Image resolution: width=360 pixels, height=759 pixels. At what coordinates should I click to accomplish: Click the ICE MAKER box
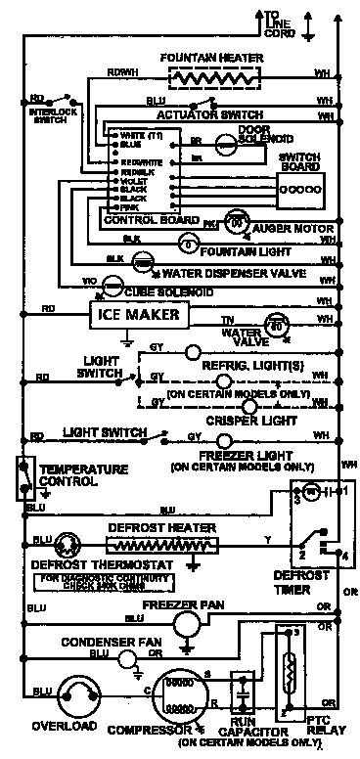[137, 315]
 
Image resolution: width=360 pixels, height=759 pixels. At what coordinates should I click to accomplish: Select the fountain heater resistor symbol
[206, 77]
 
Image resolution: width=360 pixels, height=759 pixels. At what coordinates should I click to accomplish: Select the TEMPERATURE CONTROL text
[82, 475]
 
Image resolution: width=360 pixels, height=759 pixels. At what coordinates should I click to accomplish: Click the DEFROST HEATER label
[176, 528]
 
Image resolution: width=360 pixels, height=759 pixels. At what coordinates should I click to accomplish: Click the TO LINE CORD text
[280, 23]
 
